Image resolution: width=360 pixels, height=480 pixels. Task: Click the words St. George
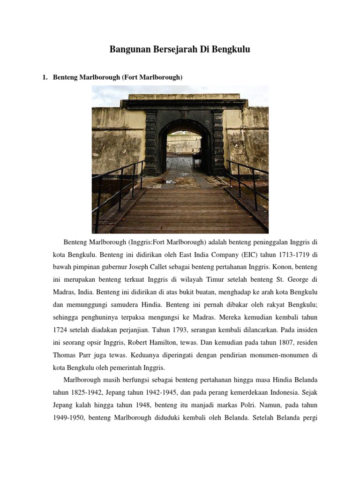[x=291, y=279]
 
